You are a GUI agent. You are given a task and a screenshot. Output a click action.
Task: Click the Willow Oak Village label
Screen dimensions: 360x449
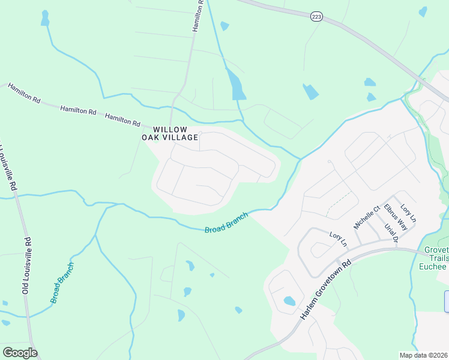pos(170,133)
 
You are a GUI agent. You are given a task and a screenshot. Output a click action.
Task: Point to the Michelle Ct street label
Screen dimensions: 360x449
pos(367,217)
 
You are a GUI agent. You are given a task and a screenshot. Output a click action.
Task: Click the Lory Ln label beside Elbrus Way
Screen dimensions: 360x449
pos(408,212)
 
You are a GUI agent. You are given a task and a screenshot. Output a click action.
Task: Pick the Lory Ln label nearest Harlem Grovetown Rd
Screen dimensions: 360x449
pos(339,239)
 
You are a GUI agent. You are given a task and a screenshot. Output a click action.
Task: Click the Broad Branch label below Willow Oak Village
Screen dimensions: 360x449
pos(226,223)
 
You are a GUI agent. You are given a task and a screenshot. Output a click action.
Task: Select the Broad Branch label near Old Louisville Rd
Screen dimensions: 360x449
pos(62,283)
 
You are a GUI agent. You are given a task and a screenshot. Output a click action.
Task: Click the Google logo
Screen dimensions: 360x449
pos(20,353)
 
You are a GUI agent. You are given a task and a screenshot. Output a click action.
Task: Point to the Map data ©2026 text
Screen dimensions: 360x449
pos(424,355)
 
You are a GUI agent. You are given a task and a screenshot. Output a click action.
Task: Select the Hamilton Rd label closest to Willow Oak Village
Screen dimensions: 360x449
pos(122,119)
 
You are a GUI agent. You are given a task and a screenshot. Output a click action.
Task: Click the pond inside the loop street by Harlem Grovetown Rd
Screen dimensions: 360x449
pos(289,301)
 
